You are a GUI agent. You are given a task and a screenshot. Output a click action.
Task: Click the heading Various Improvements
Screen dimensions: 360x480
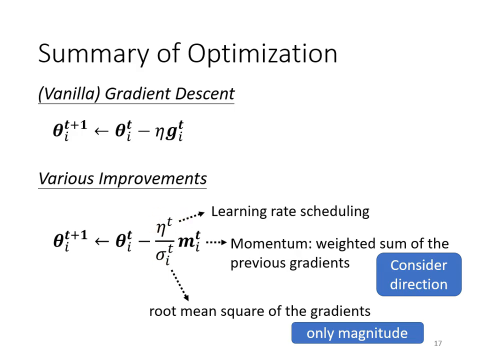[x=122, y=178]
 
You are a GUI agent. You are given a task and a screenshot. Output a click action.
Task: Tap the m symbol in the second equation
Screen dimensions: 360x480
[x=188, y=241]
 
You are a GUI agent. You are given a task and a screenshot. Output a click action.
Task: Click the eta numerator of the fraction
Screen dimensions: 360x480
[x=162, y=228]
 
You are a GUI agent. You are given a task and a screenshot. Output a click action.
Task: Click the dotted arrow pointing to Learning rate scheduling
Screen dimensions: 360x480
[x=191, y=216]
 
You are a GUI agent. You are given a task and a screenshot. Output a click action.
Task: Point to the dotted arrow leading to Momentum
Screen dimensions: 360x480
[x=216, y=242]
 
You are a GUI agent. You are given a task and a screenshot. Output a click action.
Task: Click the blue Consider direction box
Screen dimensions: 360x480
[x=418, y=274]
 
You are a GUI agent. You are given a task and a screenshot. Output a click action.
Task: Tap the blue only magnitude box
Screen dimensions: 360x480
[x=357, y=333]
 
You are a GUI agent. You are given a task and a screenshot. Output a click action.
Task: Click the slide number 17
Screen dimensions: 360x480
[x=438, y=343]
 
